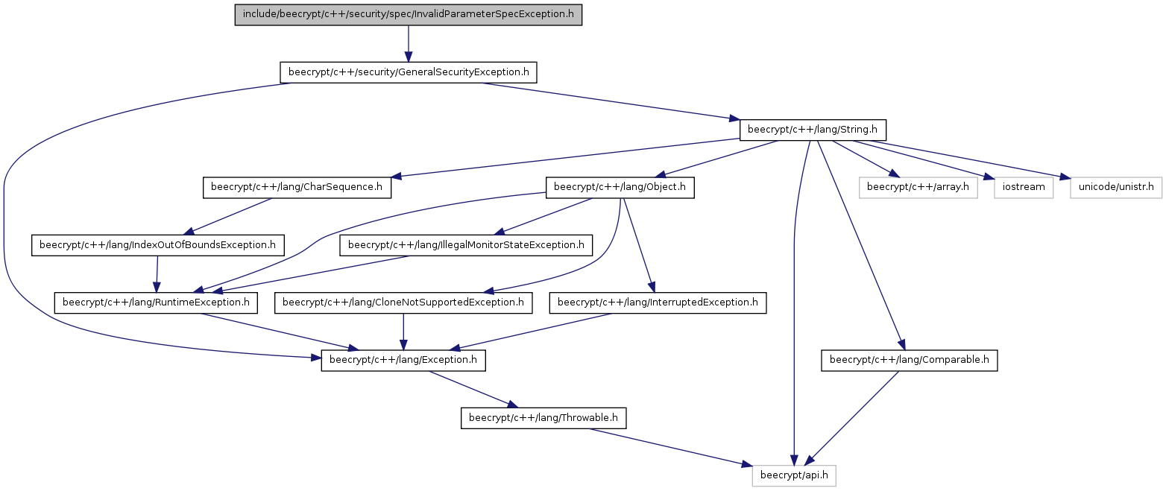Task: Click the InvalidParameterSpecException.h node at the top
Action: (408, 15)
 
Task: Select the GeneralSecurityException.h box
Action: (408, 72)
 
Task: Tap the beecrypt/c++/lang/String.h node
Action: (813, 130)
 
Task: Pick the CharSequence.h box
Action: (297, 187)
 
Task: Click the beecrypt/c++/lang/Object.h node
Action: (620, 187)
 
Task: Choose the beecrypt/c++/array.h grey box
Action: (918, 187)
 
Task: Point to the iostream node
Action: (1024, 187)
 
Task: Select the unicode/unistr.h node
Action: (1116, 187)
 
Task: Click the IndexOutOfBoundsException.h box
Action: (158, 245)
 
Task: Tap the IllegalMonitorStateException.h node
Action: (466, 245)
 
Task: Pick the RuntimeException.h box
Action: (156, 302)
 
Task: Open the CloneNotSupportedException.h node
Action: (403, 302)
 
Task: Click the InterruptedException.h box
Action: (658, 302)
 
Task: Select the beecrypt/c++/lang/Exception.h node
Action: (403, 361)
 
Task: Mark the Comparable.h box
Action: (909, 361)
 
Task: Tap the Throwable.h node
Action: (543, 418)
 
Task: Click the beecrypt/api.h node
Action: (794, 476)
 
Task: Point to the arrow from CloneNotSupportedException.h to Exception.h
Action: (403, 332)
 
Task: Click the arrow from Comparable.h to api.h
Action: (851, 418)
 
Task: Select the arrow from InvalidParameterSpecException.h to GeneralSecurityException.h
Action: (408, 44)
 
